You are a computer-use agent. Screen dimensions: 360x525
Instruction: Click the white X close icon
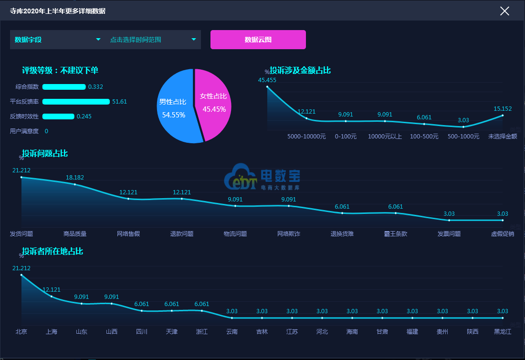tap(504, 11)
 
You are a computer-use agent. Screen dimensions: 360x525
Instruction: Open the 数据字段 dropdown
tap(57, 40)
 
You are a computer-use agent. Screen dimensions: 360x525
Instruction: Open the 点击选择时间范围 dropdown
tap(153, 40)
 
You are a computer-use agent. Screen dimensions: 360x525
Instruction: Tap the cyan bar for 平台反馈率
tap(76, 102)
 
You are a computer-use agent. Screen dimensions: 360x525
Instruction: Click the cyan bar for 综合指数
tap(64, 87)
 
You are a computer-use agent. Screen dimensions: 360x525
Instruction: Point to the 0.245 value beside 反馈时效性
tap(84, 116)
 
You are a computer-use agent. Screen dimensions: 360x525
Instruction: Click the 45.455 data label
tap(267, 80)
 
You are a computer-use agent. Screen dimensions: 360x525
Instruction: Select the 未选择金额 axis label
tap(503, 137)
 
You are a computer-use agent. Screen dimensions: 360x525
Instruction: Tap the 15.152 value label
tap(503, 109)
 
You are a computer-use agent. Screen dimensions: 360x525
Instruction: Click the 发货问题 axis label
tap(21, 234)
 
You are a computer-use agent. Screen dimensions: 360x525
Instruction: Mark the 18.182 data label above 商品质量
tap(75, 178)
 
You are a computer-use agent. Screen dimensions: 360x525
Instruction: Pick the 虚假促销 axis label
tap(503, 234)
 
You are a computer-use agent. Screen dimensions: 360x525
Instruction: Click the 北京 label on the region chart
tap(21, 332)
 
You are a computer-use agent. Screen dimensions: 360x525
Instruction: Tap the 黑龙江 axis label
tap(503, 332)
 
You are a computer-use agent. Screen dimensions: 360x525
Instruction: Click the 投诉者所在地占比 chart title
tap(52, 251)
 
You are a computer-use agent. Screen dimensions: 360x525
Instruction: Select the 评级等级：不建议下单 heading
tap(60, 71)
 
